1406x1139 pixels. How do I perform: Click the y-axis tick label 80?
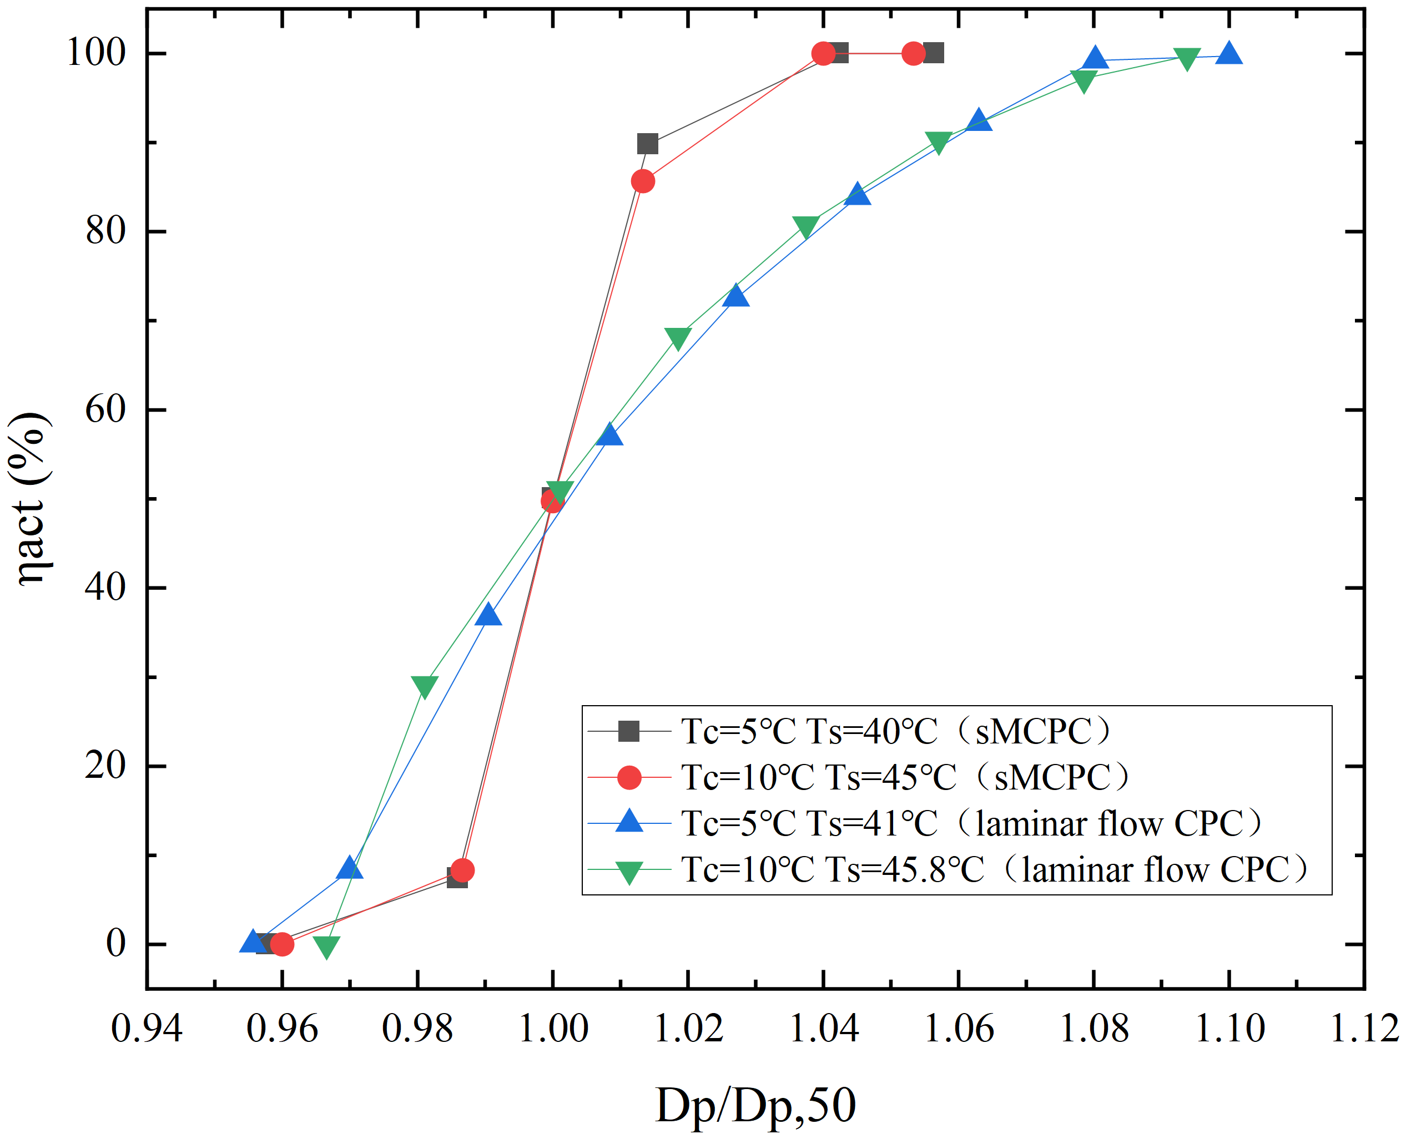105,231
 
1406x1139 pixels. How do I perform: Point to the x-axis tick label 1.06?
959,1028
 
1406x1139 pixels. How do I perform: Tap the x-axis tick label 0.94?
147,1028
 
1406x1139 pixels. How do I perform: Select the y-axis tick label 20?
105,765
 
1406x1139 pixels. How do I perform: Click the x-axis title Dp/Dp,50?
755,1106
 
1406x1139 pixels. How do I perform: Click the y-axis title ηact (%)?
29,499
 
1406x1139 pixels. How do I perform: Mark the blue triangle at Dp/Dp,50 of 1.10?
1229,54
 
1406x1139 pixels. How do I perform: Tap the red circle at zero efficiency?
281,944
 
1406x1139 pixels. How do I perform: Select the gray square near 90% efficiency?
647,144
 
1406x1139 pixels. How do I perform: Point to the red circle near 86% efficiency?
643,181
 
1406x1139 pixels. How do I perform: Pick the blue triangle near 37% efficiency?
488,615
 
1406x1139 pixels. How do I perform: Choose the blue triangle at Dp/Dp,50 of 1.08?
1094,58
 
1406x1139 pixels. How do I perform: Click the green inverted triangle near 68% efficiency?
677,339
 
